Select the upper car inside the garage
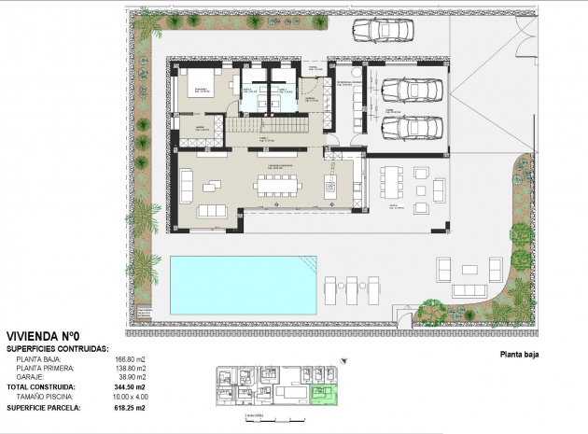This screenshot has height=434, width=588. click(x=405, y=91)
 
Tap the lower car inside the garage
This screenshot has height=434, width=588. click(x=405, y=127)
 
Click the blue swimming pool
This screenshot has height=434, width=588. click(x=242, y=286)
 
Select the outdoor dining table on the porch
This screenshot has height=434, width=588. click(x=386, y=185)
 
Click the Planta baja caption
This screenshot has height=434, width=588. click(x=520, y=355)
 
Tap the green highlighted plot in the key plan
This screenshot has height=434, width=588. click(x=323, y=395)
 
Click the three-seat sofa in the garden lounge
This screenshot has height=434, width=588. click(x=469, y=291)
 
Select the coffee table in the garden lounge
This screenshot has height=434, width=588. click(x=469, y=271)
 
